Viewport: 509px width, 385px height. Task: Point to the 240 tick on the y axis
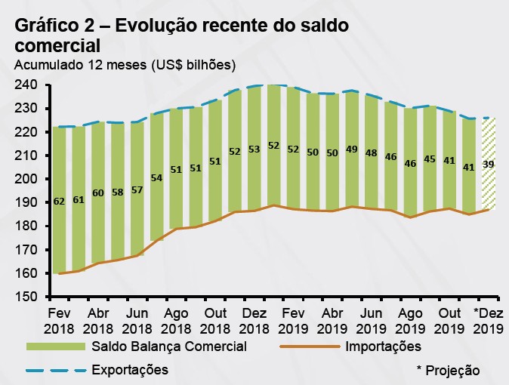tap(26, 85)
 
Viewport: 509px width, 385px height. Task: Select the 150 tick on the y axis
tap(26, 297)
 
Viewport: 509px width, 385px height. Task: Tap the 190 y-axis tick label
tap(26, 202)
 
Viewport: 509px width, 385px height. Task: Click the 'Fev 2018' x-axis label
tap(60, 319)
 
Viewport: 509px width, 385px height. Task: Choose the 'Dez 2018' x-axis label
tap(254, 319)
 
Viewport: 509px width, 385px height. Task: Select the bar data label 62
tap(59, 202)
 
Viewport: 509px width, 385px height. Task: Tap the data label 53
tap(254, 149)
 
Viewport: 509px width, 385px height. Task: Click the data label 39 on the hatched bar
tap(489, 164)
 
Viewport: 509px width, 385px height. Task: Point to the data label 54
tap(156, 177)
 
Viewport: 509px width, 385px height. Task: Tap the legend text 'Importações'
tap(382, 346)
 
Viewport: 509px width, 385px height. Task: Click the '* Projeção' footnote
tap(448, 370)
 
